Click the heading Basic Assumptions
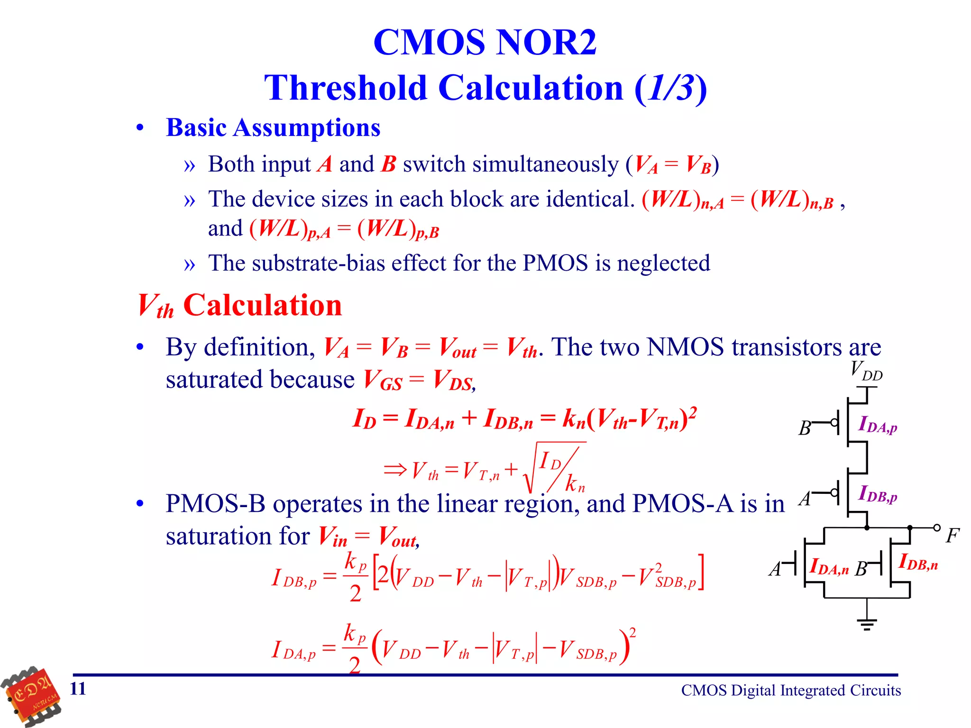273,128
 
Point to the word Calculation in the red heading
262,305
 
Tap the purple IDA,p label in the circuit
878,424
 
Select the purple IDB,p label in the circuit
878,494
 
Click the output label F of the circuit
952,536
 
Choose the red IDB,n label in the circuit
918,562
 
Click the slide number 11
78,689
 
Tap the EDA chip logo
32,696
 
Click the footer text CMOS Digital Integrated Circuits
791,691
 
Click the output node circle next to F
937,528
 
